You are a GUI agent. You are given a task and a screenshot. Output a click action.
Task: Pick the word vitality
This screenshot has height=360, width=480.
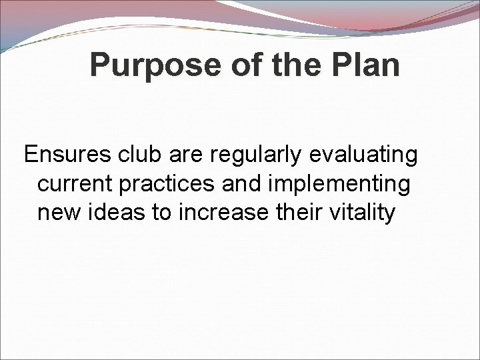click(364, 214)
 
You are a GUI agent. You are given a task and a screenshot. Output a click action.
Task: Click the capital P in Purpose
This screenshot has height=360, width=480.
click(99, 65)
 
